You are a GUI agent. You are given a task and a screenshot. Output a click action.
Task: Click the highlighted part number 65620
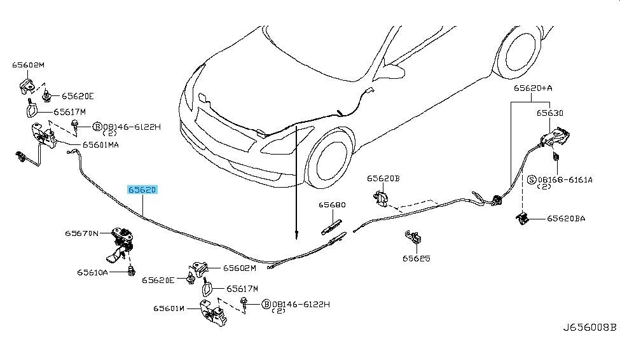142,190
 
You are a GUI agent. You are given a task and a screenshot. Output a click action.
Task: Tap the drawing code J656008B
590,328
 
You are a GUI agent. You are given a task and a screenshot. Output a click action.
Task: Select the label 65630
550,113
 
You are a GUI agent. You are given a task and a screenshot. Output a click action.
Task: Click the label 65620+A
533,88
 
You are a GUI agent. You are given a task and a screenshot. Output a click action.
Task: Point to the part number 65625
417,258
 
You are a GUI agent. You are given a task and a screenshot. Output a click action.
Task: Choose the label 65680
332,205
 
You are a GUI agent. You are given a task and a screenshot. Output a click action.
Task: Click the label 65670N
81,233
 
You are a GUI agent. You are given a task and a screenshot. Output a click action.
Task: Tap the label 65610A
93,272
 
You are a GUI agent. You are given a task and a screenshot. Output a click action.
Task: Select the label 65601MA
100,145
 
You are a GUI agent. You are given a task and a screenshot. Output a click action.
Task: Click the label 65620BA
566,218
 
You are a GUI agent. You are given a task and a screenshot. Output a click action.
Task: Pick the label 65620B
383,179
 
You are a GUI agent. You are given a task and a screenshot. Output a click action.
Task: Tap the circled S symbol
532,180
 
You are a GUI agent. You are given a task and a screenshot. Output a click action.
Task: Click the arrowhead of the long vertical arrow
296,237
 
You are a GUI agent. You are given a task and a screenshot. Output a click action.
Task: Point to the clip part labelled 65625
413,237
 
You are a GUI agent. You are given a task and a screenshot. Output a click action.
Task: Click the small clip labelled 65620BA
523,218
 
